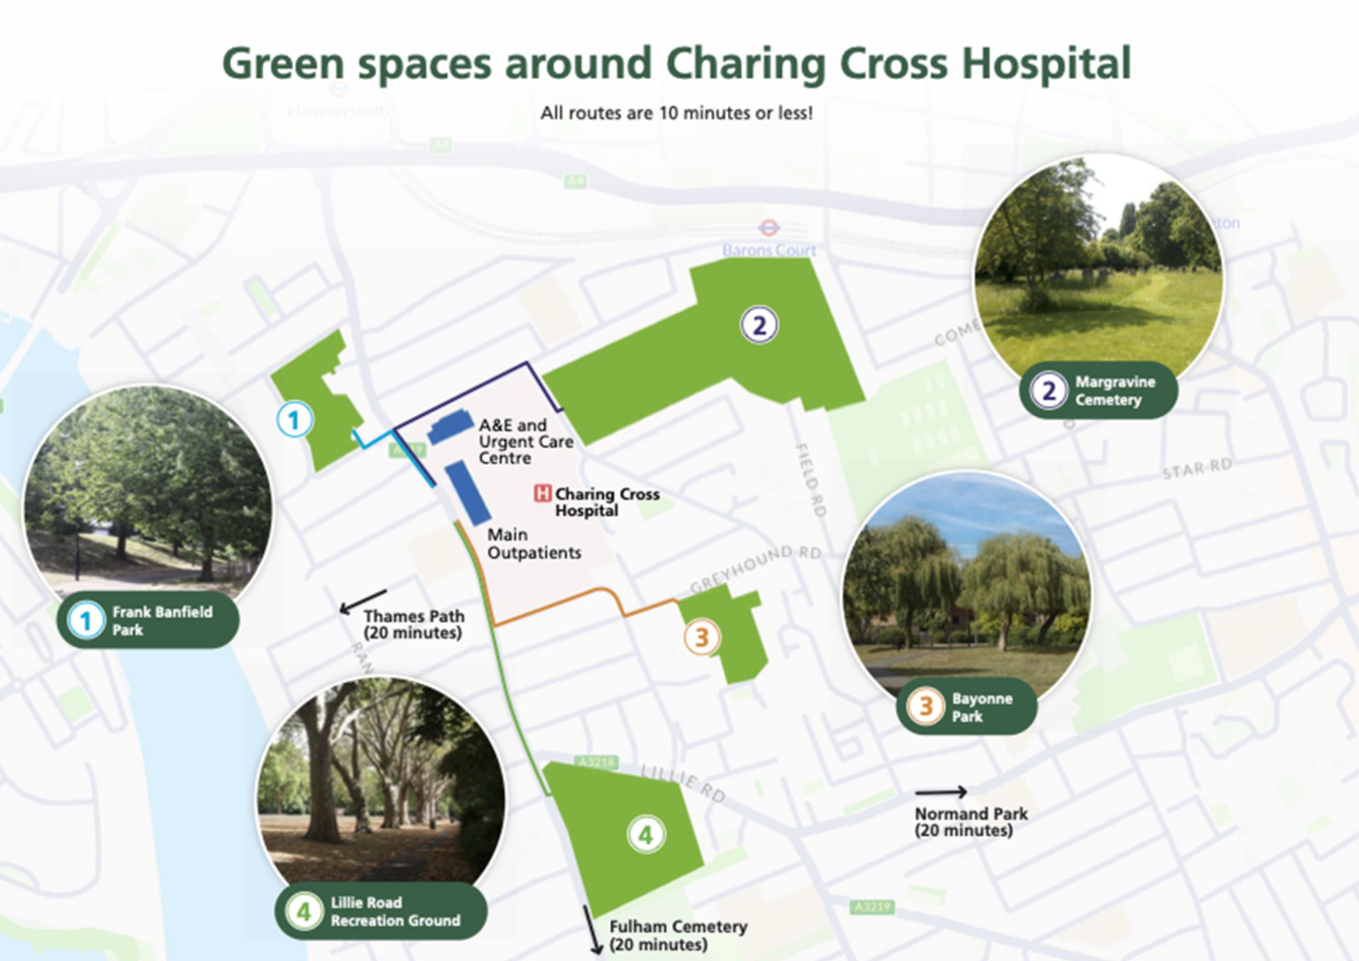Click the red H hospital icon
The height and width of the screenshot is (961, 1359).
coord(542,493)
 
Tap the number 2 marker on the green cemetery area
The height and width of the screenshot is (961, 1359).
coord(760,325)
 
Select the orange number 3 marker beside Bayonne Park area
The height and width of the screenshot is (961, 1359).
coord(701,637)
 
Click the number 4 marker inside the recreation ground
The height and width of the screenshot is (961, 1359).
coord(646,835)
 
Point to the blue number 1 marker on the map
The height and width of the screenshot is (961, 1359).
coord(294,420)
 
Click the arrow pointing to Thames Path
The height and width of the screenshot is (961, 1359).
coord(363,601)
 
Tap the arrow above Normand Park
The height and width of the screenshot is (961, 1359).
coord(940,792)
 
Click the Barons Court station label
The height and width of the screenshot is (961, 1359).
coord(769,250)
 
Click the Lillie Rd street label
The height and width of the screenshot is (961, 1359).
coord(684,783)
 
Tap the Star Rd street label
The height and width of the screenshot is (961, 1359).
coord(1197,469)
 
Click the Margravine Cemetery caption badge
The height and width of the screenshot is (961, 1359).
coord(1099,390)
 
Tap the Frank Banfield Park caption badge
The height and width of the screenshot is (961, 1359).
coord(148,620)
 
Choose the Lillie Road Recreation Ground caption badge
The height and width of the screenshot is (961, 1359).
coord(381,911)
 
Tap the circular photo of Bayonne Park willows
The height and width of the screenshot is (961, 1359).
coord(966,592)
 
